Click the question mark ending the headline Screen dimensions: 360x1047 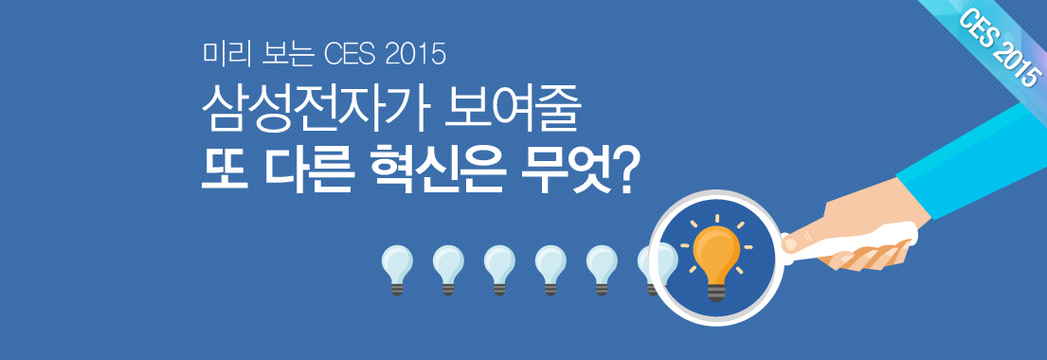coord(623,171)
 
